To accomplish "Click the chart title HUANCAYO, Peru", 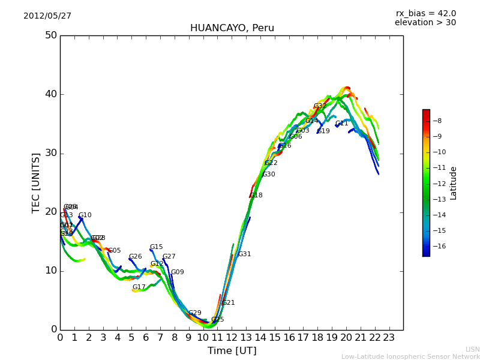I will point(232,28).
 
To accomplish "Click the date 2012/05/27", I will point(47,16).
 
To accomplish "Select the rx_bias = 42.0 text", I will point(425,14).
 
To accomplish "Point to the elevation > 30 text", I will point(425,23).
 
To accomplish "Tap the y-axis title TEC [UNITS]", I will point(36,182).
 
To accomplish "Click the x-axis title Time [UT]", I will point(232,351).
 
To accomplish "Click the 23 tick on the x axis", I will point(389,337).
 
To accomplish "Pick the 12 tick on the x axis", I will point(232,337).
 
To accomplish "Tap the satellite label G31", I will point(244,254).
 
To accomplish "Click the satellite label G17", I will point(139,287).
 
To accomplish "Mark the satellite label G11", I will point(341,124).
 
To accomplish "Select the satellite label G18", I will point(256,196).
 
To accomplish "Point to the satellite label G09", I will point(177,272).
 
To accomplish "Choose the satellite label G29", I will point(194,313).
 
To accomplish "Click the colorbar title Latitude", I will point(454,183).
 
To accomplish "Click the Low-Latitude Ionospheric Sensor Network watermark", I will point(410,357).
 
